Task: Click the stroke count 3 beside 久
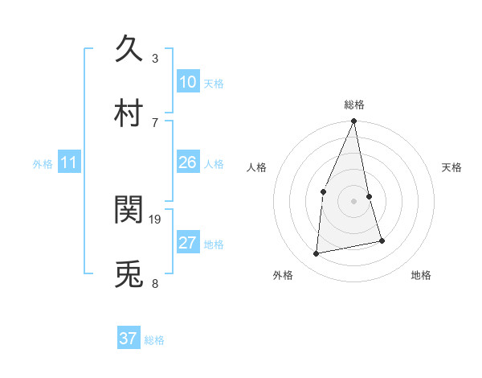pyautogui.click(x=155, y=59)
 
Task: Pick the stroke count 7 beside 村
pyautogui.click(x=155, y=122)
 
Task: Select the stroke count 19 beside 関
pyautogui.click(x=156, y=219)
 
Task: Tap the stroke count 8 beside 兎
pyautogui.click(x=155, y=283)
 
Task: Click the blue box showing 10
pyautogui.click(x=187, y=82)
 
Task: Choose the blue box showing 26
pyautogui.click(x=187, y=162)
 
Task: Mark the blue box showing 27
pyautogui.click(x=187, y=243)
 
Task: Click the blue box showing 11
pyautogui.click(x=69, y=163)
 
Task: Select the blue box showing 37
pyautogui.click(x=128, y=339)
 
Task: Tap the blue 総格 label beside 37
pyautogui.click(x=154, y=340)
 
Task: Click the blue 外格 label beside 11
pyautogui.click(x=43, y=164)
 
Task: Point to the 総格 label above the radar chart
pyautogui.click(x=353, y=105)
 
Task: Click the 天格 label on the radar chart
pyautogui.click(x=452, y=167)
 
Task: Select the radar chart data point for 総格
pyautogui.click(x=353, y=121)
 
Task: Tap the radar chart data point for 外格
pyautogui.click(x=317, y=254)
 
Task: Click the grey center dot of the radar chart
pyautogui.click(x=353, y=200)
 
